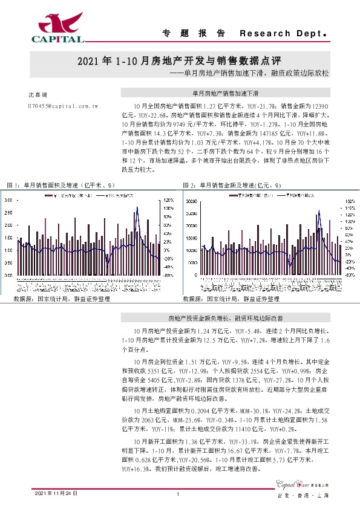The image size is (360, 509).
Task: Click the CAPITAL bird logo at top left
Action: click(x=57, y=27)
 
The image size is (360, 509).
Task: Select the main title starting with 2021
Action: click(x=180, y=62)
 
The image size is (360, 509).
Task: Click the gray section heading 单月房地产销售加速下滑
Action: click(x=225, y=94)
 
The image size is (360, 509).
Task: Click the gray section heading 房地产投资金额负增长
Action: click(x=225, y=317)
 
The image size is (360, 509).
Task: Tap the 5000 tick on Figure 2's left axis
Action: click(x=191, y=262)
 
